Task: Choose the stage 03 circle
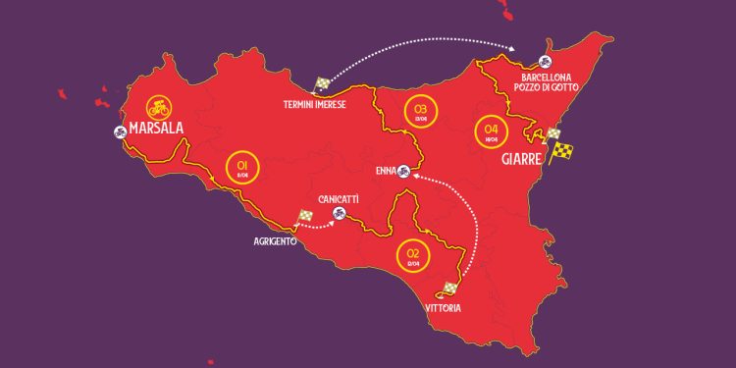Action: [x=423, y=110]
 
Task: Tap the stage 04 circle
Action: [x=489, y=131]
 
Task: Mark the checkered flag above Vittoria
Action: [x=451, y=288]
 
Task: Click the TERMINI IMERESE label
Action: [x=314, y=104]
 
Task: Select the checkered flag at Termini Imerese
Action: [x=322, y=85]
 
